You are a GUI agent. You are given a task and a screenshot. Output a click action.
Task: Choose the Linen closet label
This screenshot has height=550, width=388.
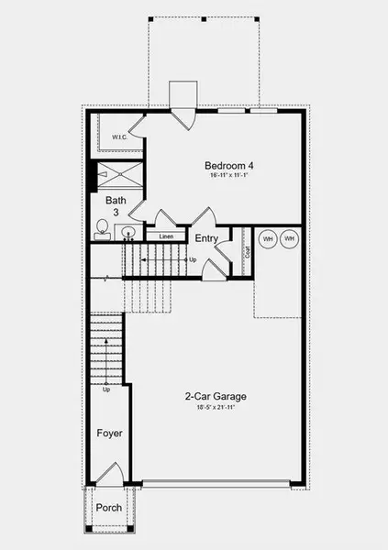(166, 236)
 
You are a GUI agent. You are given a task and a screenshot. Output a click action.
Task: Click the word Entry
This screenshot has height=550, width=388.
(207, 238)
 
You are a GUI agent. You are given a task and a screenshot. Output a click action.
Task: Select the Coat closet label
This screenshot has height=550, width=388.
(248, 249)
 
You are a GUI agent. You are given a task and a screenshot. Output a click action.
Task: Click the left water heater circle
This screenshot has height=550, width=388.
(268, 239)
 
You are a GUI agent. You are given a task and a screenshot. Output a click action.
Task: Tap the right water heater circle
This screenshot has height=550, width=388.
(290, 239)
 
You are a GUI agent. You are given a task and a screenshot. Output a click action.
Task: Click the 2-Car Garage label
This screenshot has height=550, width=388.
(216, 397)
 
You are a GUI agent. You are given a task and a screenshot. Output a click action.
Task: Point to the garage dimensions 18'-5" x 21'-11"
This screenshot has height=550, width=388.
(216, 407)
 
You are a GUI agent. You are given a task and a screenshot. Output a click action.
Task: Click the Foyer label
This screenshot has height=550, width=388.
(110, 434)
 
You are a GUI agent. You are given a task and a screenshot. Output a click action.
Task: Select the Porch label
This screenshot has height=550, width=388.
(109, 508)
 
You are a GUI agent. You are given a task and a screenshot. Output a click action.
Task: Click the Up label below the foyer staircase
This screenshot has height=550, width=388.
(106, 390)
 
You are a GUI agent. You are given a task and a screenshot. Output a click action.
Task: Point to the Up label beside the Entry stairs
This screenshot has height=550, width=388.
(192, 260)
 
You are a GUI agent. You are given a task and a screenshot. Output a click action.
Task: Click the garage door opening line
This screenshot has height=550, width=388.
(223, 484)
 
